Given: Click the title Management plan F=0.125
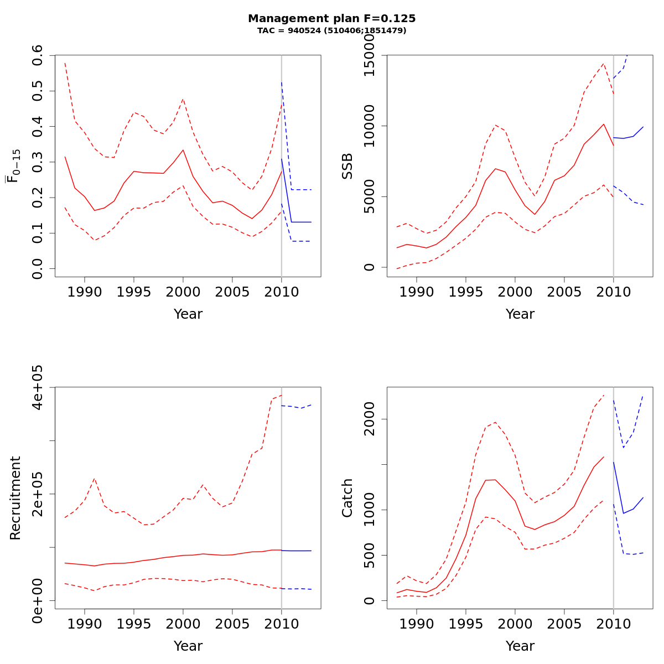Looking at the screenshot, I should (332, 18).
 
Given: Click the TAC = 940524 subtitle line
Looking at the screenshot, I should (332, 30).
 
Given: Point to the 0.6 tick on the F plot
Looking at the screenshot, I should (38, 55).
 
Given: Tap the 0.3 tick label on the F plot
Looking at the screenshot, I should (38, 162).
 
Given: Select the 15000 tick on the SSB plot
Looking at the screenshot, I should (370, 55).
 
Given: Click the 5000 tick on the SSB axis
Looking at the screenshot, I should (370, 196).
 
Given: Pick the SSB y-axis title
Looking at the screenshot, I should (347, 166).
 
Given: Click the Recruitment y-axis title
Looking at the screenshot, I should (15, 498).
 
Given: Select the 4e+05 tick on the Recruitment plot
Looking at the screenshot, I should (38, 387).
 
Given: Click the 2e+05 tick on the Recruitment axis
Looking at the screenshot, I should (38, 494).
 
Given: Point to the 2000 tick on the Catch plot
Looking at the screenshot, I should (370, 419).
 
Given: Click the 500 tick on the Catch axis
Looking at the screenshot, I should (370, 555).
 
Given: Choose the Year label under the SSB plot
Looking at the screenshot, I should (520, 314).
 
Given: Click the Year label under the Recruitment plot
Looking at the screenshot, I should (188, 646).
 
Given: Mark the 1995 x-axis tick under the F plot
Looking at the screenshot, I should (134, 292).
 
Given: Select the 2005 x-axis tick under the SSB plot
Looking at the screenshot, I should (564, 292).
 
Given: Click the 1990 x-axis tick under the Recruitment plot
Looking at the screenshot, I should (85, 624).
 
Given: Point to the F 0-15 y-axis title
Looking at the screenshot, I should (14, 166).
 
